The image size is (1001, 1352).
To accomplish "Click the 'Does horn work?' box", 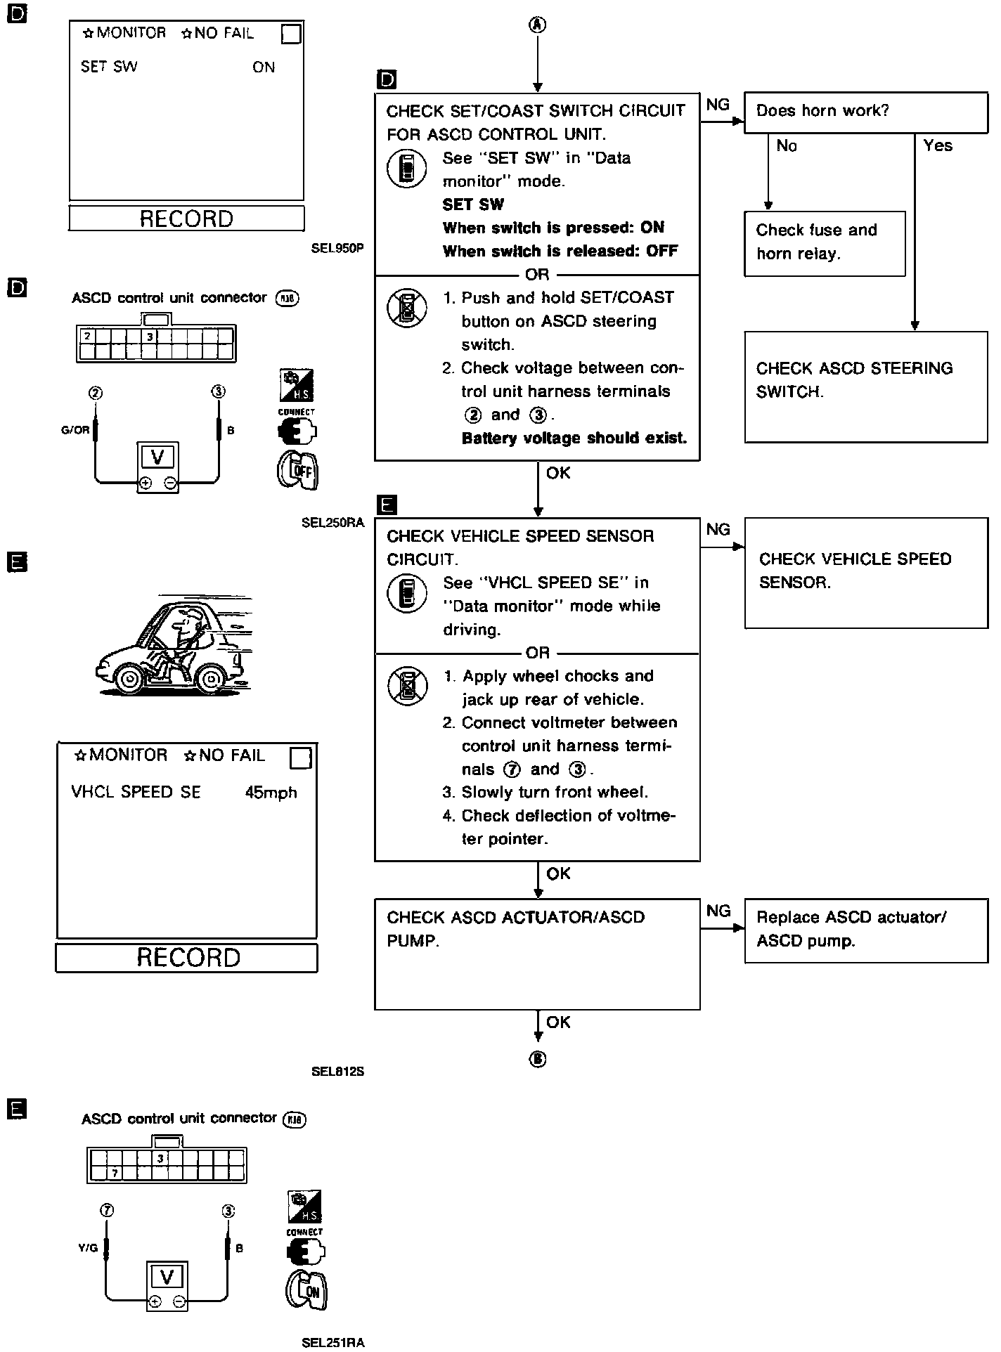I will (865, 112).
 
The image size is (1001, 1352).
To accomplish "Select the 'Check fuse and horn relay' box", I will (824, 243).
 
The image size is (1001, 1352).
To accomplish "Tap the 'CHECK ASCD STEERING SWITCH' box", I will (865, 386).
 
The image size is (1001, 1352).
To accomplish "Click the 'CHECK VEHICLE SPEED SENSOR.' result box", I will (865, 572).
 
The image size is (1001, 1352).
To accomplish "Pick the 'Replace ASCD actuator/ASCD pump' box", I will (865, 930).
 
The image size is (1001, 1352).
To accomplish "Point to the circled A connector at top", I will (537, 25).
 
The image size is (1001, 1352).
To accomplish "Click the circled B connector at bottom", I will (538, 1059).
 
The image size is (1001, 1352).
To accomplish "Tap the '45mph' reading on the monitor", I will (271, 793).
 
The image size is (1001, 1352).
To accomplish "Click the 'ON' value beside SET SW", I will (264, 67).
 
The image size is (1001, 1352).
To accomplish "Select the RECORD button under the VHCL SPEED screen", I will (187, 958).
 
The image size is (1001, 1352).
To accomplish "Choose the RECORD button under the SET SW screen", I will (186, 219).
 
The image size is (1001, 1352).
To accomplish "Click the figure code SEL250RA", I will (332, 522).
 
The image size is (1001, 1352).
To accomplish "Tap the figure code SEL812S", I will (337, 1072).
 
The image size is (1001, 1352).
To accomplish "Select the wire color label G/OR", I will (75, 430).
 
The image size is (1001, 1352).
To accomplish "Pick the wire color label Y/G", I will (87, 1249).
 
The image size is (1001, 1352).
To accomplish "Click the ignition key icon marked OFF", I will (298, 470).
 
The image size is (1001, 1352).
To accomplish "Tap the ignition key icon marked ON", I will (306, 1290).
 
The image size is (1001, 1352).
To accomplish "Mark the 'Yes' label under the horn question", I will (938, 145).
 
